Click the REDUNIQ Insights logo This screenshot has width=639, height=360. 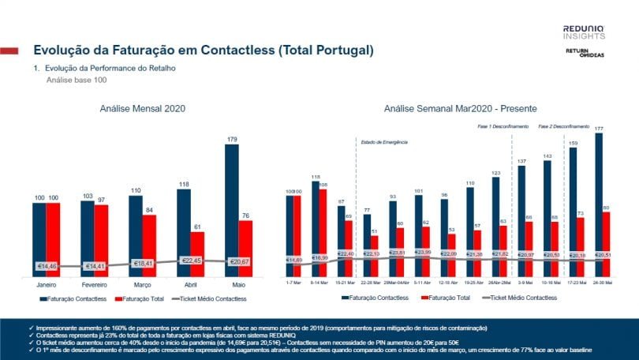click(584, 32)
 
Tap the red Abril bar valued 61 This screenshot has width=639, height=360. click(197, 253)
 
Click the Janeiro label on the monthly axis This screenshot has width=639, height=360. click(47, 283)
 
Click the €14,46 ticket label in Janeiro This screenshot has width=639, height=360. click(47, 266)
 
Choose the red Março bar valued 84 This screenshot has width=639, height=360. click(149, 244)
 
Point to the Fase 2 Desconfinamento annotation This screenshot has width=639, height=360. click(564, 126)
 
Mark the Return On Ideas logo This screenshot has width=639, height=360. click(584, 53)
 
